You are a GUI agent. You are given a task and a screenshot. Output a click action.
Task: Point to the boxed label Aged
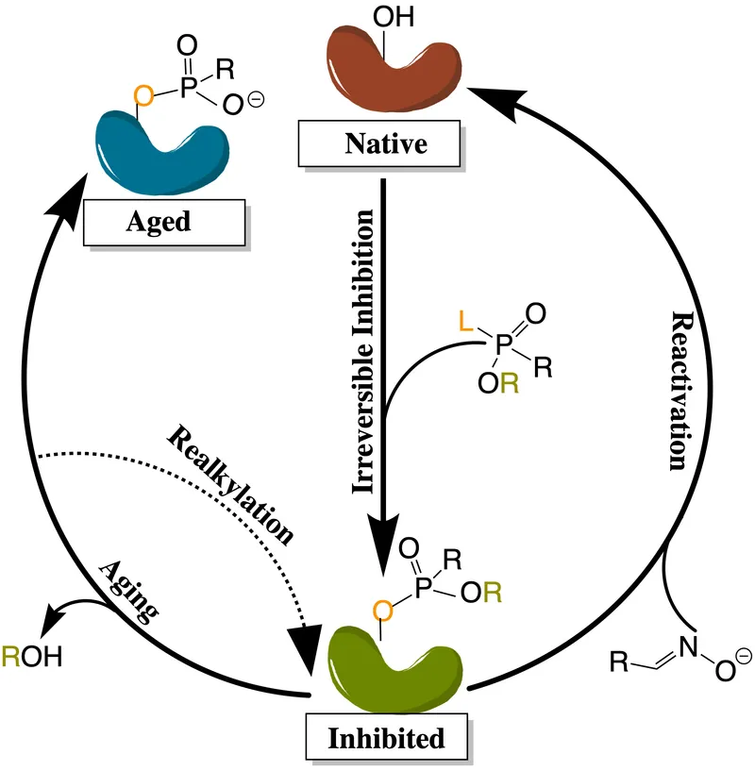[158, 222]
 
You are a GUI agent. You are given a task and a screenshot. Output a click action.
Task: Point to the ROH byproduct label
[32, 656]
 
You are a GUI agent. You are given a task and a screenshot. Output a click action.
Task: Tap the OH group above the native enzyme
[390, 16]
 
